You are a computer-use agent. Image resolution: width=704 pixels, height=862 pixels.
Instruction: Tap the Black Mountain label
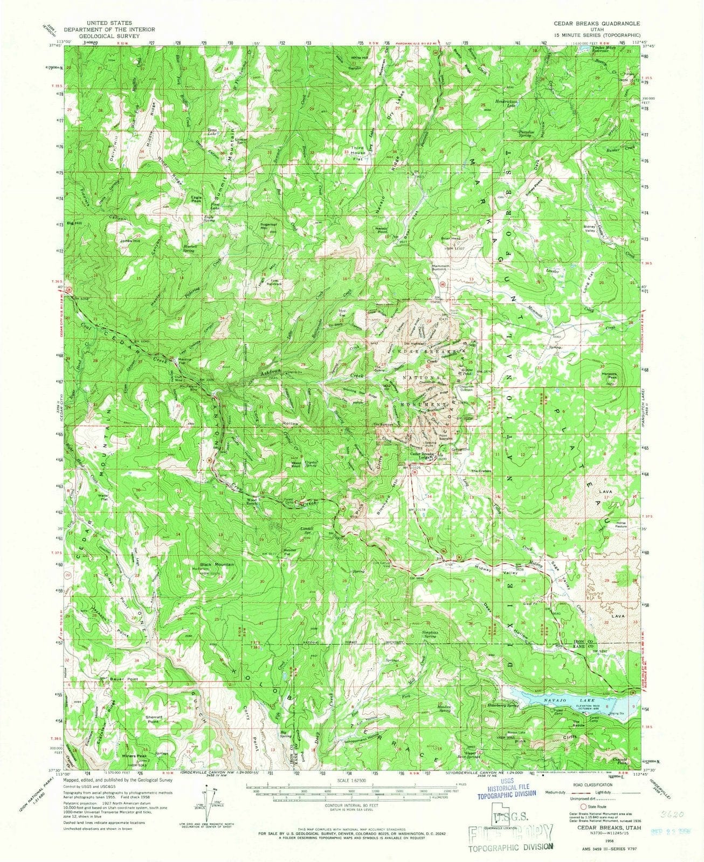(x=218, y=564)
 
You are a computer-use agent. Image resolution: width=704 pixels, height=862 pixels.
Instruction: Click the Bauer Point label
(x=125, y=679)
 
